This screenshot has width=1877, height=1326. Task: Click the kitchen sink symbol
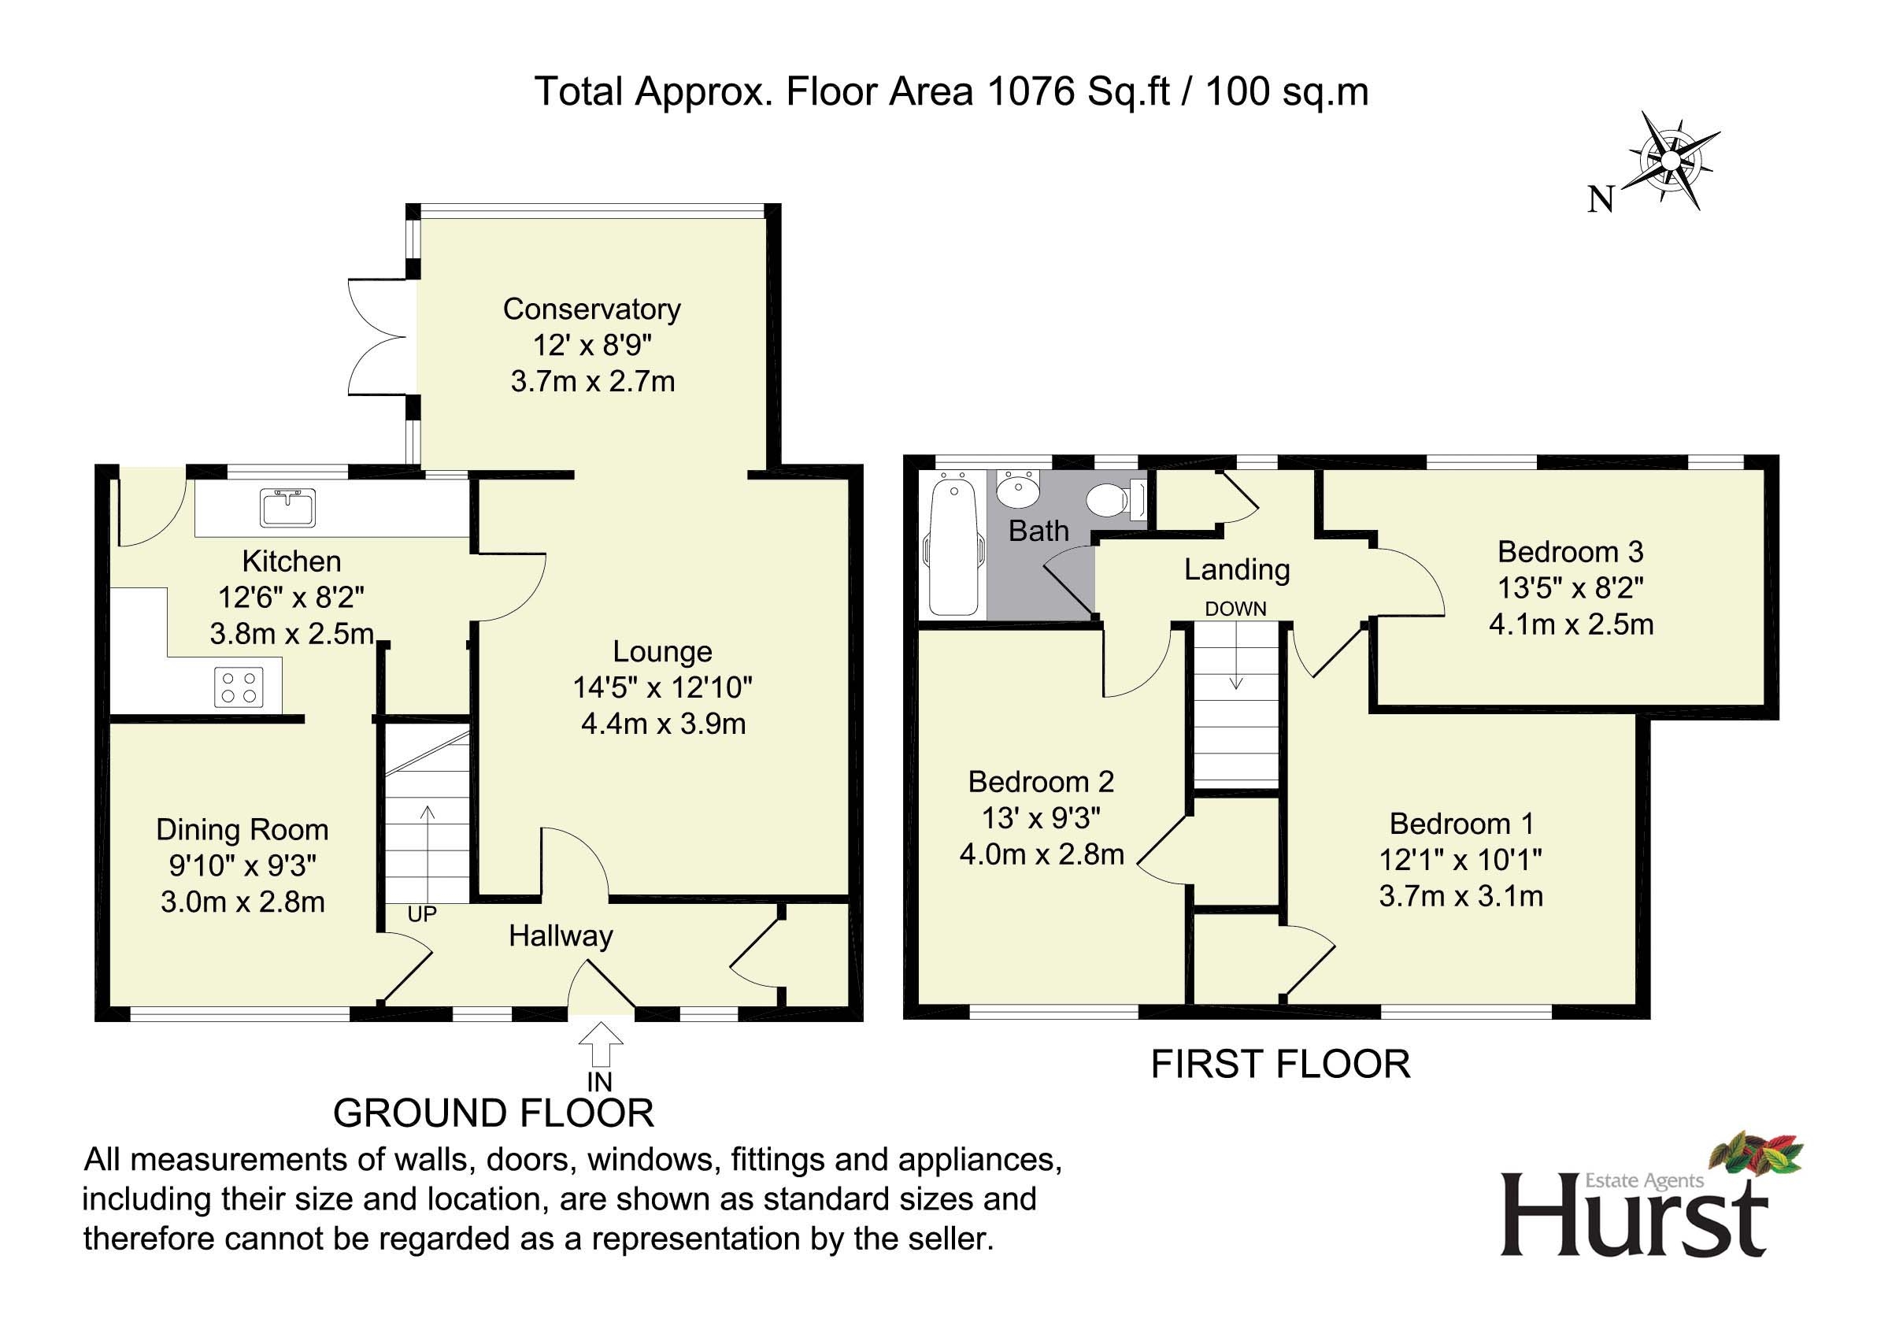pos(287,507)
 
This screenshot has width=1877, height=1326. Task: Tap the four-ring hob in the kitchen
pos(239,687)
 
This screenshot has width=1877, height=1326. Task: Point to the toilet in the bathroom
pos(1117,498)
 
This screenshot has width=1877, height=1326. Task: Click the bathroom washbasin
pos(1018,489)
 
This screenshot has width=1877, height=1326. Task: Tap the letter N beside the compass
pos(1601,199)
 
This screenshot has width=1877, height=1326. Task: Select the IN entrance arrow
pos(601,1044)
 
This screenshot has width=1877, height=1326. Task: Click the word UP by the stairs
pos(422,914)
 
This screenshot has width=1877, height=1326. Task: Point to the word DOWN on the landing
pos(1235,609)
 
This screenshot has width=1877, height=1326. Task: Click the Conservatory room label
pos(592,309)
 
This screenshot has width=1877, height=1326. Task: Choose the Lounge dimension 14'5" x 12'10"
pos(662,687)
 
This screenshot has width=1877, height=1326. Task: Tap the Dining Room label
pos(242,830)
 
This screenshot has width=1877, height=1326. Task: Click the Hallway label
pos(561,936)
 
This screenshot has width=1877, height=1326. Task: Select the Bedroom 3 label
pos(1570,552)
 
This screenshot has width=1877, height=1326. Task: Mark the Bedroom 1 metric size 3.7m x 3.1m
pos(1461,897)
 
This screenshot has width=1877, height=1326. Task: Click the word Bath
pos(1038,532)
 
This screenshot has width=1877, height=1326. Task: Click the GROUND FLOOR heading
pos(494,1113)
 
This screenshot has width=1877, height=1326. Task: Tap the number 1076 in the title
pos(1031,91)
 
